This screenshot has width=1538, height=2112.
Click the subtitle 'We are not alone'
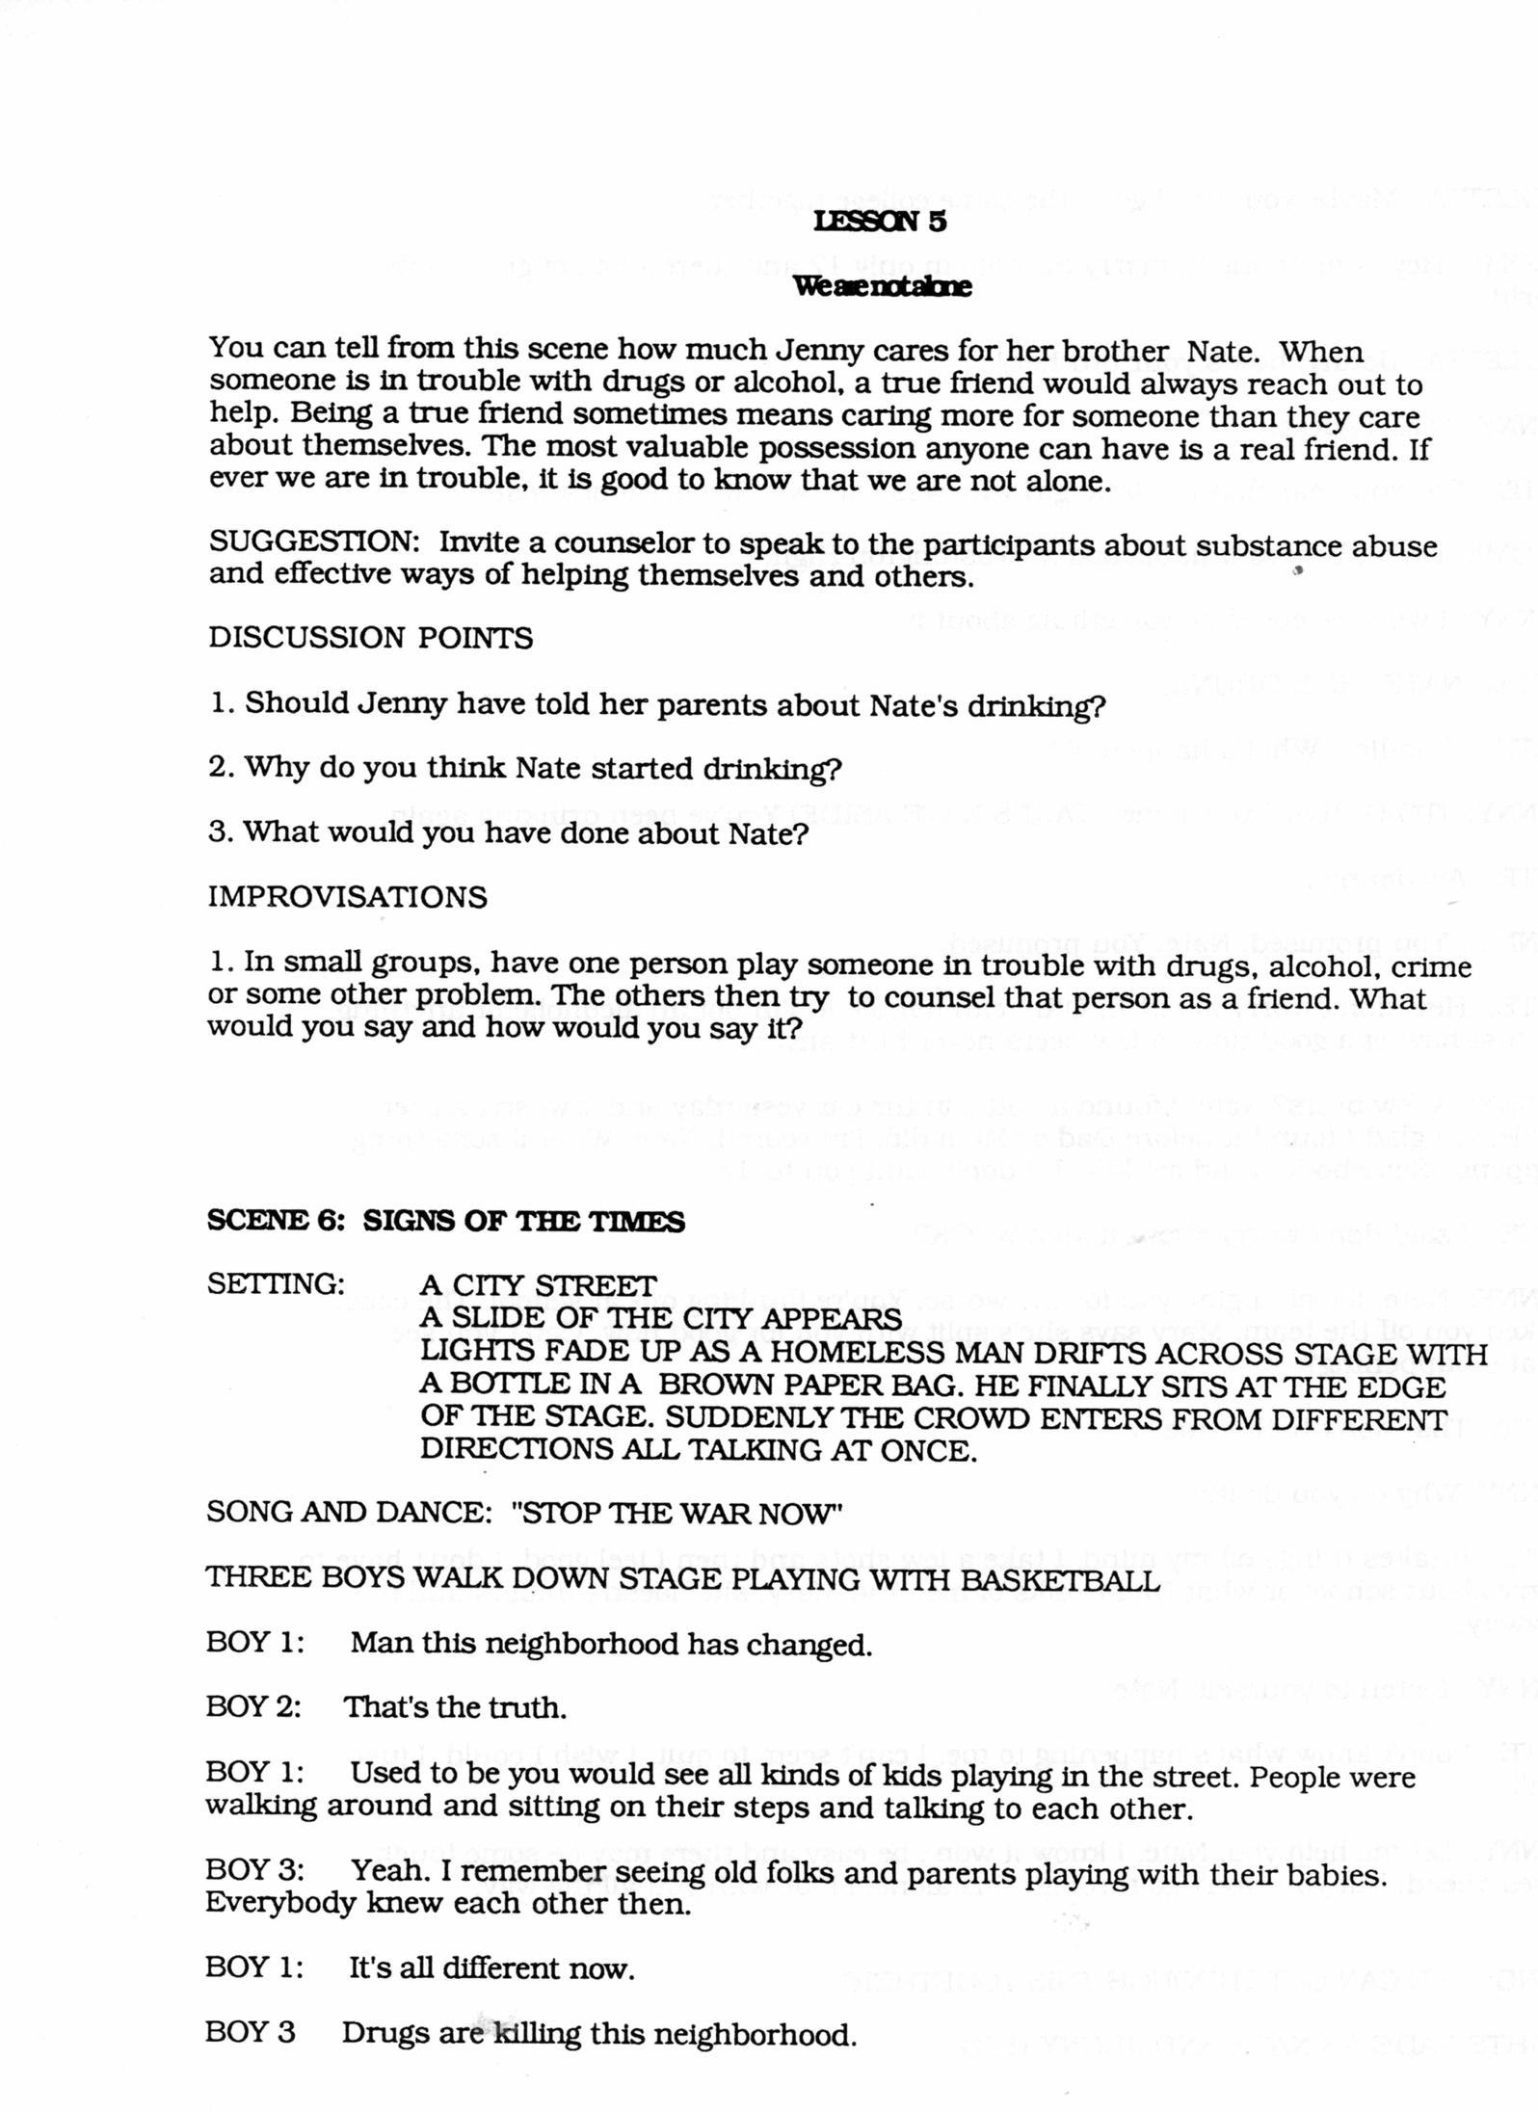click(881, 286)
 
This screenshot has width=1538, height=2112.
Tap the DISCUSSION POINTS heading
click(370, 638)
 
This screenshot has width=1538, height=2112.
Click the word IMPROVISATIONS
click(347, 897)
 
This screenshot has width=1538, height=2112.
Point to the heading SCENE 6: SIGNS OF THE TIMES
click(445, 1222)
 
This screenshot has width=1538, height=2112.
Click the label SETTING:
click(276, 1284)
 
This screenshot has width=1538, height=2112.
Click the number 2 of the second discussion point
click(217, 768)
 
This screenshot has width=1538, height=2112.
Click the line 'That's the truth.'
click(455, 1708)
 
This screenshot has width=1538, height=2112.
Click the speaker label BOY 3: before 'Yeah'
click(254, 1871)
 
